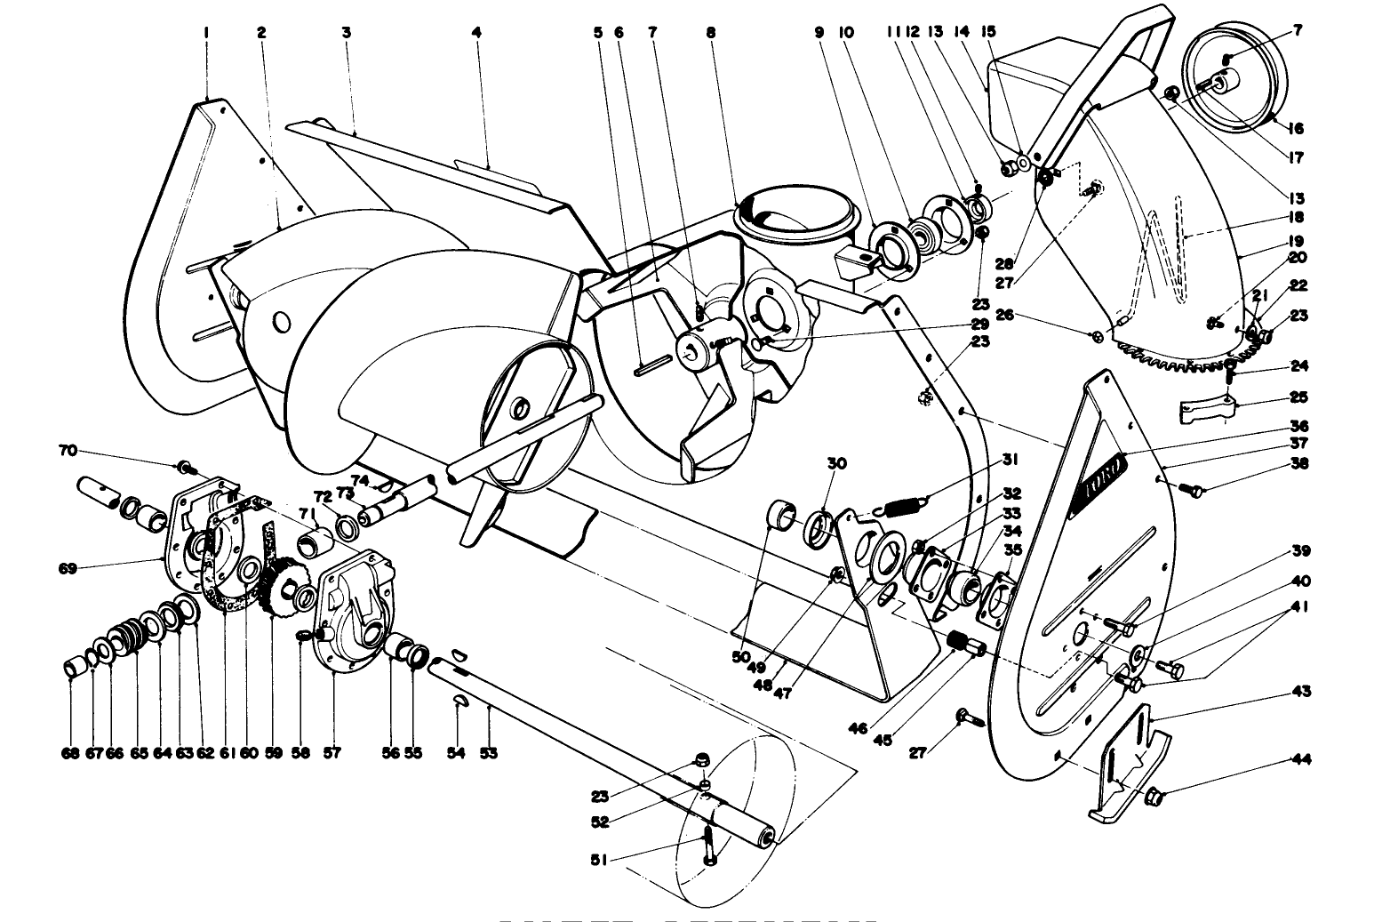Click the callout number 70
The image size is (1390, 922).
(68, 451)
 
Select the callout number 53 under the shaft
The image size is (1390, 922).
(488, 753)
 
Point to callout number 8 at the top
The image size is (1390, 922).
(710, 32)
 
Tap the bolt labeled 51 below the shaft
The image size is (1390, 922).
(707, 845)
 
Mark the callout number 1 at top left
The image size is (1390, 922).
(206, 32)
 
